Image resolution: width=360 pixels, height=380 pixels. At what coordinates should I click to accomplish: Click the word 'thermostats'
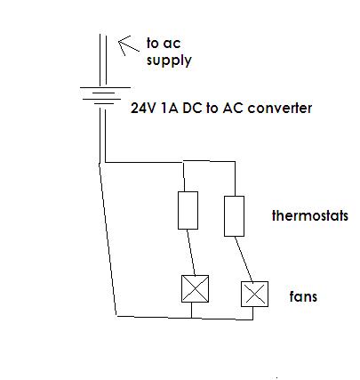click(309, 215)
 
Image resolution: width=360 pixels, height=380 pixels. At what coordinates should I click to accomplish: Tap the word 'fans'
click(303, 296)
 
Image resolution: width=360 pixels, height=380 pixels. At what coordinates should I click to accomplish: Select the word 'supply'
click(169, 61)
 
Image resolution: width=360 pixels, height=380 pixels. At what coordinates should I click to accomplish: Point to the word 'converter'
click(279, 108)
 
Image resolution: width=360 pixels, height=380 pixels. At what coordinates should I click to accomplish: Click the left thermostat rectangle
click(188, 210)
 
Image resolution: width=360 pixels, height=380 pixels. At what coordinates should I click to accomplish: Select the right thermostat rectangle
click(234, 216)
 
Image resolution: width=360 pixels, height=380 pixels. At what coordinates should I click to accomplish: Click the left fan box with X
click(195, 288)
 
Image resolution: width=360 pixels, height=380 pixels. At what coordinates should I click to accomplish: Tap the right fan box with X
click(254, 294)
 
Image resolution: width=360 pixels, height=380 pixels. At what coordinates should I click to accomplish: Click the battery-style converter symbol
click(105, 96)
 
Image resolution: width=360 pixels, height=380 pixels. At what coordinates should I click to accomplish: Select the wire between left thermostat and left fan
click(191, 252)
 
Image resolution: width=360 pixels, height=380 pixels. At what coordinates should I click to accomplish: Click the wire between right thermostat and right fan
click(244, 259)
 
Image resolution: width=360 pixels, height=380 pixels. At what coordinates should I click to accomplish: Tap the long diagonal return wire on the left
click(108, 239)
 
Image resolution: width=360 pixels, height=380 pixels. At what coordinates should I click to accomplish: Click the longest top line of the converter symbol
click(105, 87)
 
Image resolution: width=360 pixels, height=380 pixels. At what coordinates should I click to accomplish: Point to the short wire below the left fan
click(191, 311)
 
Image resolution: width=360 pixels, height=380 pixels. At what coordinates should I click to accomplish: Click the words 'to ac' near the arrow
click(164, 44)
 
